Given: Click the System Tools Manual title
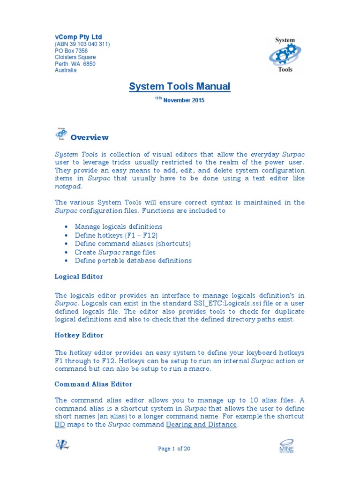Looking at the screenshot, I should (x=180, y=86).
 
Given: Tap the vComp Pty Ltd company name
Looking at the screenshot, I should (x=78, y=37).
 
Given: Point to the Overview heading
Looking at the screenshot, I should (x=89, y=138).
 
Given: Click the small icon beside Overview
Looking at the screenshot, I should (x=60, y=134).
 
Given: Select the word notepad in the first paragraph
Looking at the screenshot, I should (x=68, y=187).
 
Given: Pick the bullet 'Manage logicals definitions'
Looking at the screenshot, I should (x=118, y=227).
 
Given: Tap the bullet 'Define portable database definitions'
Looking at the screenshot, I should (x=133, y=261).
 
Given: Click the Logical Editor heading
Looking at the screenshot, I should (x=79, y=277).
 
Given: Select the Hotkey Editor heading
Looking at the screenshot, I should (x=79, y=335).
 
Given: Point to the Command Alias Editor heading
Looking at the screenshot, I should (x=93, y=384).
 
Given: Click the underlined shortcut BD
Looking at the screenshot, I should (x=59, y=425).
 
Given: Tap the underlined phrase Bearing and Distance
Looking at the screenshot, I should (x=202, y=425).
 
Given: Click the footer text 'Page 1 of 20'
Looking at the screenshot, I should (x=174, y=449).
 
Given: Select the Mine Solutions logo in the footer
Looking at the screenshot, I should (x=286, y=446).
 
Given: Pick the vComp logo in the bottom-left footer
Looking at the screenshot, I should (x=62, y=445).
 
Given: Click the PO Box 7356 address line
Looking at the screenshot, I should (x=71, y=51).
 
